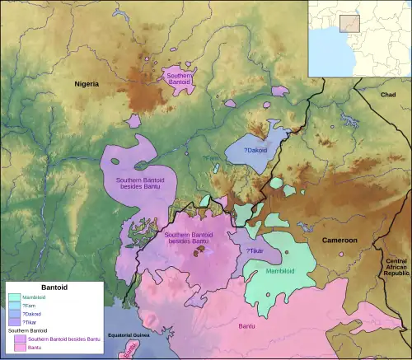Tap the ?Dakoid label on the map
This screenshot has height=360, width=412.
[256, 150]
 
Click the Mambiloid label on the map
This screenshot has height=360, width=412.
[283, 271]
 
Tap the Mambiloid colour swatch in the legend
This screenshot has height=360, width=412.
[14, 297]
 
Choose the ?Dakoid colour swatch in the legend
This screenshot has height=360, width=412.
[14, 314]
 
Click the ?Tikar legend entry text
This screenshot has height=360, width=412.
[34, 322]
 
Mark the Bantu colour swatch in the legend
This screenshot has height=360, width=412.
[19, 348]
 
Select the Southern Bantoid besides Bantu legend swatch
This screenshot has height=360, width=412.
[19, 339]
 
